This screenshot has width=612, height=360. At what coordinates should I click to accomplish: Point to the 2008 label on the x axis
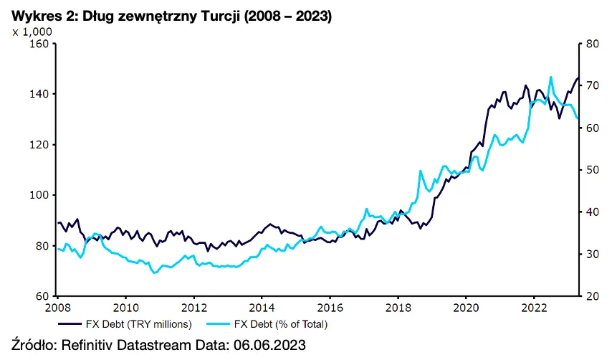click(x=57, y=308)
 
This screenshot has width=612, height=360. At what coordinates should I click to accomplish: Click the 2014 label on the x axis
click(x=262, y=308)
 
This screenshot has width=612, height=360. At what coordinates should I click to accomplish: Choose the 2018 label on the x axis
click(x=398, y=308)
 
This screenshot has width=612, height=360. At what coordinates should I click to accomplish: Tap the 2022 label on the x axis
click(x=534, y=308)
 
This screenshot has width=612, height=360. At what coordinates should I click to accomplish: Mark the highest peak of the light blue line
click(x=550, y=77)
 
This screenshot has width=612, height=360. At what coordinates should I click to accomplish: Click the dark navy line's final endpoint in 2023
click(x=578, y=77)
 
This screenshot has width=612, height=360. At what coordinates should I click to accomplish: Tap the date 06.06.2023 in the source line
click(x=267, y=345)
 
